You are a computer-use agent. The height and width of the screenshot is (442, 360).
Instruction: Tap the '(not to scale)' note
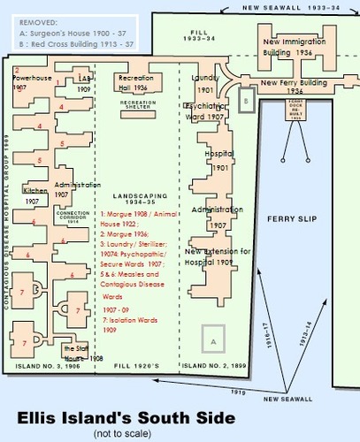[x=122, y=433]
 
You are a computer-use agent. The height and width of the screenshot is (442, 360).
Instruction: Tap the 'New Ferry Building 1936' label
[x=295, y=86]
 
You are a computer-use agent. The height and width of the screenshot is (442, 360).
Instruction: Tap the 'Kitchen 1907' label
[x=36, y=195]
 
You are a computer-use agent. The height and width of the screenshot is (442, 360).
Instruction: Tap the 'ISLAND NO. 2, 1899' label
[x=214, y=365]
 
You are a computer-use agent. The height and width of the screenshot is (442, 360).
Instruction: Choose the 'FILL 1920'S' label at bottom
[x=135, y=365]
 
